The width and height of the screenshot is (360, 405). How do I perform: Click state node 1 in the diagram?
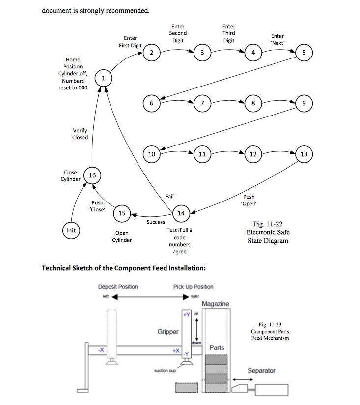tap(104, 78)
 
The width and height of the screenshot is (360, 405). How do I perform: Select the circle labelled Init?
tap(71, 231)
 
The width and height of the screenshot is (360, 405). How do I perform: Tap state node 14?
tap(181, 213)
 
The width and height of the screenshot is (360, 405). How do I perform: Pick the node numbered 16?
tap(92, 175)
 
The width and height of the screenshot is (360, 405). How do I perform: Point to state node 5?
tap(304, 53)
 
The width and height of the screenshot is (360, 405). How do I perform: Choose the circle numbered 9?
tap(304, 103)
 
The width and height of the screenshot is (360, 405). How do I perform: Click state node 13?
tap(304, 154)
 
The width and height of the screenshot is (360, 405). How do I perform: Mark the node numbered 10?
tap(151, 154)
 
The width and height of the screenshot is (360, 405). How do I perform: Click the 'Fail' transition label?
tap(169, 196)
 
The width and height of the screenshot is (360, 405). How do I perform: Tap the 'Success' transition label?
tap(156, 222)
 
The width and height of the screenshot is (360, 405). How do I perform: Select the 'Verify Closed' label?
tap(80, 134)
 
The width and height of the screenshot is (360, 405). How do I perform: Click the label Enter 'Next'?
tap(277, 39)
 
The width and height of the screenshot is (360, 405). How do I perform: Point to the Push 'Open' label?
tap(249, 200)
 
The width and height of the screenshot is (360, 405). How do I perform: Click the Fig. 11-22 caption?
tap(268, 232)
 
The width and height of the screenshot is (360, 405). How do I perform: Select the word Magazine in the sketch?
tap(216, 304)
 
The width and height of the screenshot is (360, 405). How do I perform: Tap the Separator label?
tap(261, 371)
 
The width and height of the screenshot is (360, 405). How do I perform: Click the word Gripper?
tap(168, 332)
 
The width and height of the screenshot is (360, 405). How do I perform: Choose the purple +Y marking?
tap(186, 315)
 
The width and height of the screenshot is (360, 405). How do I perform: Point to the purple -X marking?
tap(101, 350)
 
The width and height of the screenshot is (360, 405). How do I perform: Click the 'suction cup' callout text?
tap(165, 371)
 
